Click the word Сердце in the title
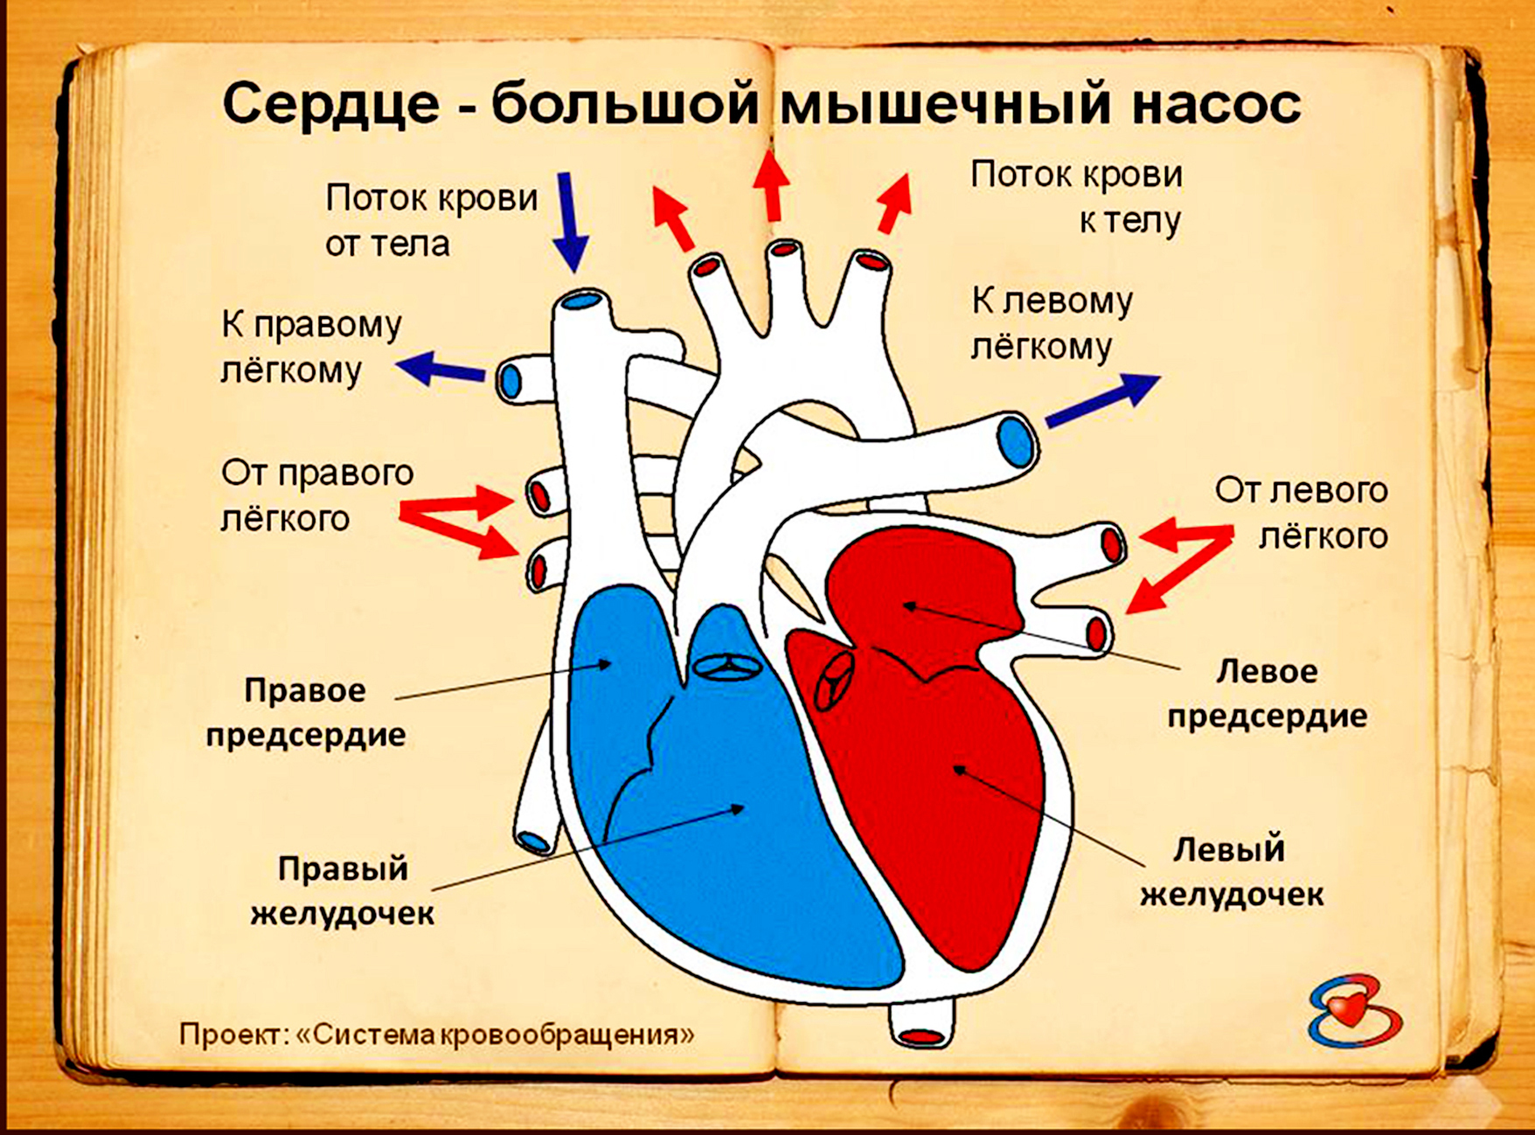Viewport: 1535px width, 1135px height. [330, 105]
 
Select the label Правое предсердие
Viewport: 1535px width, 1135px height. [306, 712]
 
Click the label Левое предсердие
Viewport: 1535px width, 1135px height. [1267, 694]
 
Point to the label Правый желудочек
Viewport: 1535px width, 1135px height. [342, 891]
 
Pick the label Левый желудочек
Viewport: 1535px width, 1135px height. [1231, 872]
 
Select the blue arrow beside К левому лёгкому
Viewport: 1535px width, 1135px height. [1102, 400]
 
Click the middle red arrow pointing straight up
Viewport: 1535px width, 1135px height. [773, 185]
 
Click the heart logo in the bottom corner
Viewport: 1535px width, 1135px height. [1353, 1013]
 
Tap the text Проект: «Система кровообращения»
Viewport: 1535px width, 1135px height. [437, 1035]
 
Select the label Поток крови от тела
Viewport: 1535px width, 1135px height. [431, 221]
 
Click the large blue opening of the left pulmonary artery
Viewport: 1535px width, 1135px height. [1015, 441]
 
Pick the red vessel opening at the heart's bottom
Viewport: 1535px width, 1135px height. [921, 1036]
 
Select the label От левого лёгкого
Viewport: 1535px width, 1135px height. [1301, 513]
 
